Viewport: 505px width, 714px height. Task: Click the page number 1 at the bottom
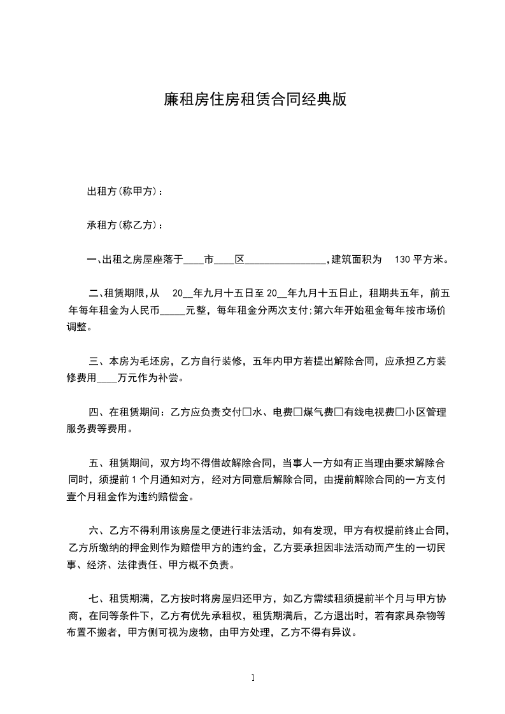253,678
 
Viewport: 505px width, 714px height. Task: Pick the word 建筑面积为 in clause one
357,260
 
